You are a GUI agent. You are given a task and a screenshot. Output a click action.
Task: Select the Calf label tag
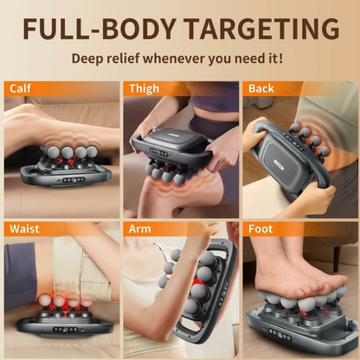tap(21, 88)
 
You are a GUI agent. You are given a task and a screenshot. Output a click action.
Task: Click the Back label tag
tap(260, 88)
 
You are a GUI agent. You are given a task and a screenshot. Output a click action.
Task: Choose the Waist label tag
tap(24, 228)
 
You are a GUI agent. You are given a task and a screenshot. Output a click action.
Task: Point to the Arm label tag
tap(139, 228)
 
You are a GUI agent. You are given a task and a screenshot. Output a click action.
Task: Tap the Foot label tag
tap(260, 228)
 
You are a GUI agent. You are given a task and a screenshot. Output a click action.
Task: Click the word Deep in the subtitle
tap(93, 59)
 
